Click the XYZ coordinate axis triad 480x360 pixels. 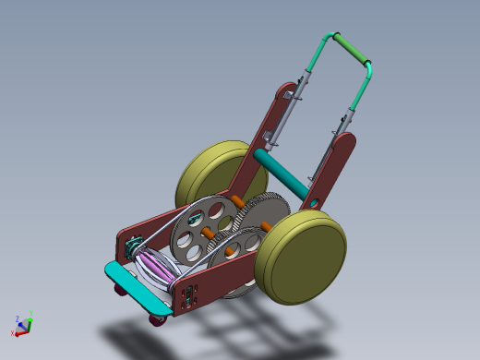point(22,323)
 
